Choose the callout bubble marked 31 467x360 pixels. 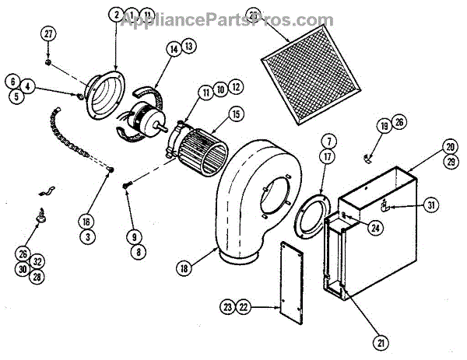[433, 205]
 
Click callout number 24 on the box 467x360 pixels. [355, 228]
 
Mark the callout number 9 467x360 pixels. [135, 236]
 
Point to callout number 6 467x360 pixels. [13, 80]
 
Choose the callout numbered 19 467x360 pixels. [384, 124]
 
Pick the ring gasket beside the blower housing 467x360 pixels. [313, 211]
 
